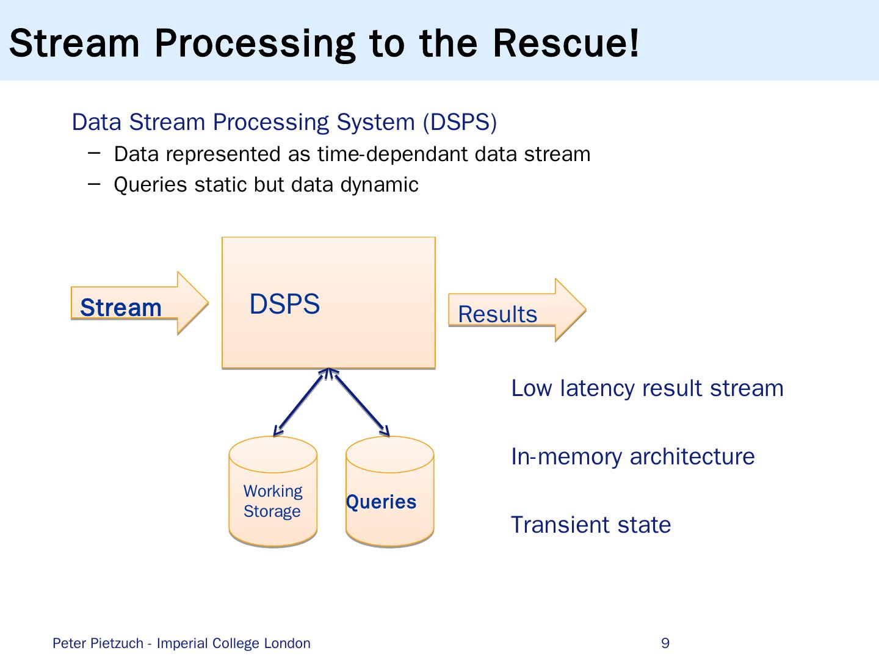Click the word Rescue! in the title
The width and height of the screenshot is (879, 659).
point(565,43)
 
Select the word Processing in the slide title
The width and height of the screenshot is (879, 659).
point(255,45)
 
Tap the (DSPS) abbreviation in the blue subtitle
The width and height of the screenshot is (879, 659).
point(460,122)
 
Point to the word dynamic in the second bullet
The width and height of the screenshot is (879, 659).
point(379,185)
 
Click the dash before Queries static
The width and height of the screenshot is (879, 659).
point(94,184)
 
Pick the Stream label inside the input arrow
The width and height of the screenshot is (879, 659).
point(120,308)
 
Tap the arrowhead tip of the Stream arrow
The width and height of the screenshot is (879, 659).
point(208,303)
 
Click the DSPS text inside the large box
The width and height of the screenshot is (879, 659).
point(284,304)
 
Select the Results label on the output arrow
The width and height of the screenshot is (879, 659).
point(497,314)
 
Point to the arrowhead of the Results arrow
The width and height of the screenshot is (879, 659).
point(586,309)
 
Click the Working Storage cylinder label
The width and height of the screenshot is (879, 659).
point(273,501)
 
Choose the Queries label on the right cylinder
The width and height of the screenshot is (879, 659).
point(382,502)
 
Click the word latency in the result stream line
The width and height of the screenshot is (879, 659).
point(597,389)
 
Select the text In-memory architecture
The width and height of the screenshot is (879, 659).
point(633,456)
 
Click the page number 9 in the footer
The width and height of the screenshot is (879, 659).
point(665,643)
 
